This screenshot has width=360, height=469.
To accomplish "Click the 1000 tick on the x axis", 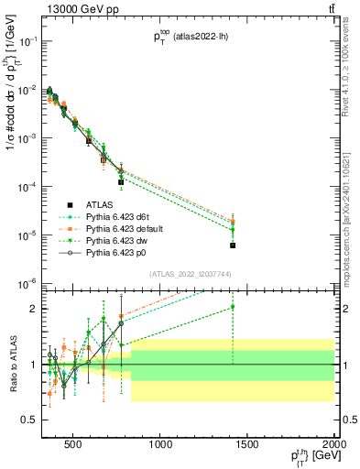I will pyautogui.click(x=161, y=445).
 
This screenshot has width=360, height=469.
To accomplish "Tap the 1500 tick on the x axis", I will pyautogui.click(x=248, y=445).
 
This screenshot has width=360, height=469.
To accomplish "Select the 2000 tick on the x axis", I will pyautogui.click(x=333, y=445).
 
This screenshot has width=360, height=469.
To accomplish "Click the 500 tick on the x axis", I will pyautogui.click(x=75, y=445).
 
